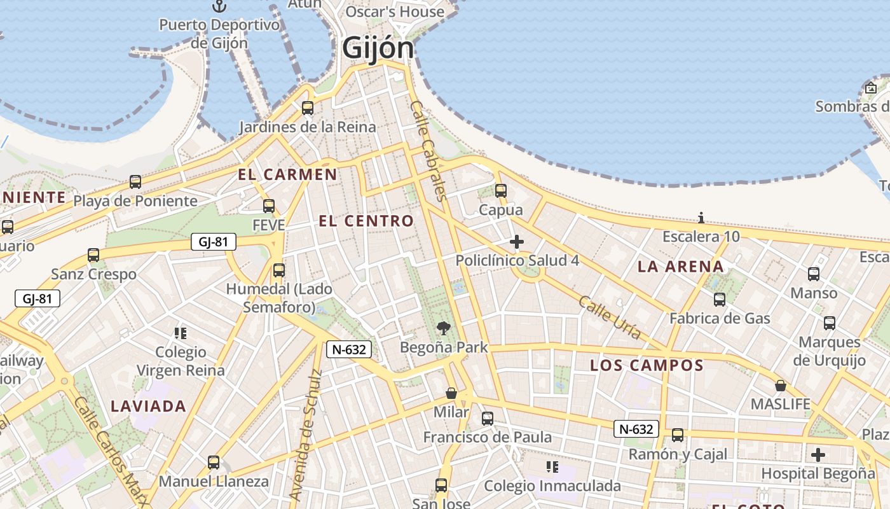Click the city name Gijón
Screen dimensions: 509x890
378,48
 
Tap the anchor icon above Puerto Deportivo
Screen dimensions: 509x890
219,6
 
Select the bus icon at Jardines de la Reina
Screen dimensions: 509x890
308,108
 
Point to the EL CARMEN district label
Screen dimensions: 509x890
287,174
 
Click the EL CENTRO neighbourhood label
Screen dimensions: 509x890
366,221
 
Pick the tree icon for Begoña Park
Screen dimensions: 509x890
444,328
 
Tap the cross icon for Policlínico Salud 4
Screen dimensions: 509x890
517,242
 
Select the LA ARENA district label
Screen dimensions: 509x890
681,267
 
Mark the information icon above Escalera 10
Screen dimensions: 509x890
701,218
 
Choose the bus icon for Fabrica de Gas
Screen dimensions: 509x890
720,300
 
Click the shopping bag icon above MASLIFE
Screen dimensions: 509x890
781,386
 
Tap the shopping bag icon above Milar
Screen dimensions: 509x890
451,393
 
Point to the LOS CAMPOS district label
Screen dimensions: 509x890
647,365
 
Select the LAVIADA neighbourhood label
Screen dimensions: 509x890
148,406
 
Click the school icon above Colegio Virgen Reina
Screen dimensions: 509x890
181,333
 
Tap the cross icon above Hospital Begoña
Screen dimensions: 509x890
818,455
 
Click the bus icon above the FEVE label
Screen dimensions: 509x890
269,206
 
